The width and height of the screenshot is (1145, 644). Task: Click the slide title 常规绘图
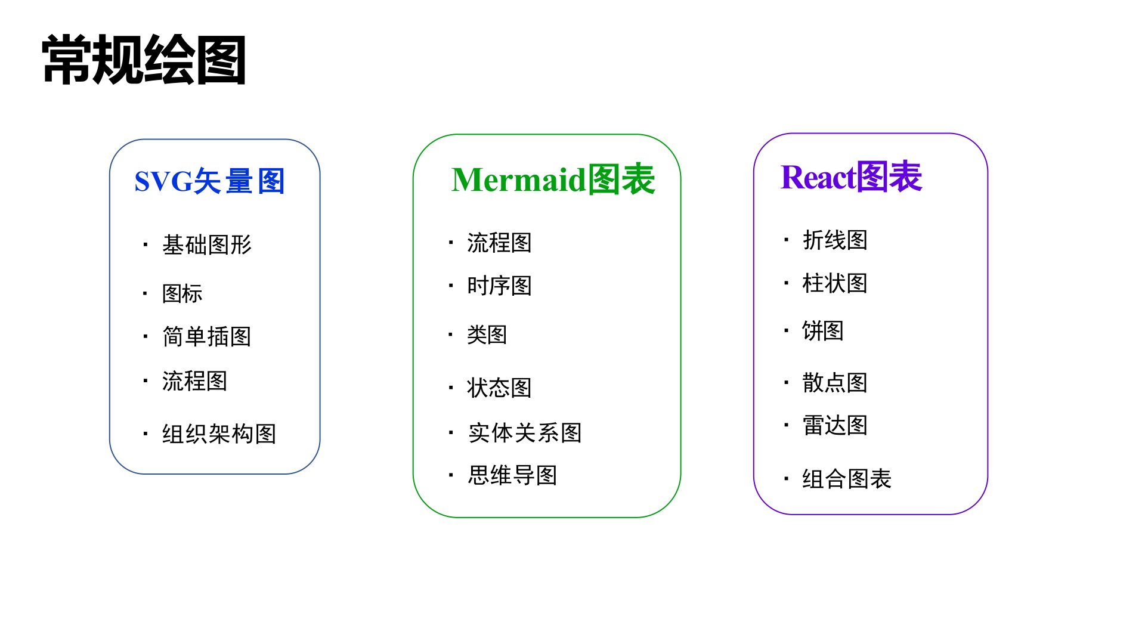[144, 60]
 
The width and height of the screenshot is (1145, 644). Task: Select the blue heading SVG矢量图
[209, 181]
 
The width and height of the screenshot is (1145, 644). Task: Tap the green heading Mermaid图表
[553, 179]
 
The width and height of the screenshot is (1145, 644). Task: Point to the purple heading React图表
[851, 177]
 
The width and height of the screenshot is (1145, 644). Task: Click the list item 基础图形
[207, 244]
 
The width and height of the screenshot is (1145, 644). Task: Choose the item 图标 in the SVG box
[182, 293]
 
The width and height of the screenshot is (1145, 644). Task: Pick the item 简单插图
[207, 336]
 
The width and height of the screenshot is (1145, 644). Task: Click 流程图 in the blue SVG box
[194, 380]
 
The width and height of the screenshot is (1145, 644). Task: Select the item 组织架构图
[219, 434]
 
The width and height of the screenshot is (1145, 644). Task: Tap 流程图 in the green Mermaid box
[499, 243]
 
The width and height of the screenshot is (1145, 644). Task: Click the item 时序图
[499, 286]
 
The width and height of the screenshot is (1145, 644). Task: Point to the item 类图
[487, 335]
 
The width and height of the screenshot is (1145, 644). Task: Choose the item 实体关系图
[525, 432]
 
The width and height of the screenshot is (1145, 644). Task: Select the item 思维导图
[512, 475]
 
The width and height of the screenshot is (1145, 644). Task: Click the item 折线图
[835, 240]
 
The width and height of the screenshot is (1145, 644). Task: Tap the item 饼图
[823, 330]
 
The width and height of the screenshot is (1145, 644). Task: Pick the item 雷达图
[835, 425]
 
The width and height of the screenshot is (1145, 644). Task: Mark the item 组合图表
[847, 478]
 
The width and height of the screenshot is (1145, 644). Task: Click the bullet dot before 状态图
[451, 388]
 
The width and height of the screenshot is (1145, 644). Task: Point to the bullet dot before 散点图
[787, 382]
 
